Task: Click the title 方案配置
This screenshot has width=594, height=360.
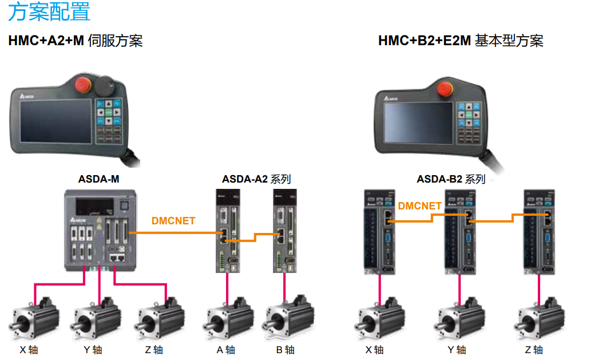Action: click(49, 12)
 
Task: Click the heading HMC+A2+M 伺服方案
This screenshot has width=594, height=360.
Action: click(76, 41)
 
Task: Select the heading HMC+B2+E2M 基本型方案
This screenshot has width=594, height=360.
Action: click(460, 41)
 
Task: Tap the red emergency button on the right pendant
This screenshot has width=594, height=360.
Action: click(443, 89)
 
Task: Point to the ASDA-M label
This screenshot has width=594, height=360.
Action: click(98, 179)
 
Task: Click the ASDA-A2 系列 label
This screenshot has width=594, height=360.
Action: click(256, 179)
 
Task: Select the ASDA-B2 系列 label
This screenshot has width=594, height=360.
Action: click(450, 179)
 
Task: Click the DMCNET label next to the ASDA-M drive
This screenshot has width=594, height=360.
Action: click(173, 220)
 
